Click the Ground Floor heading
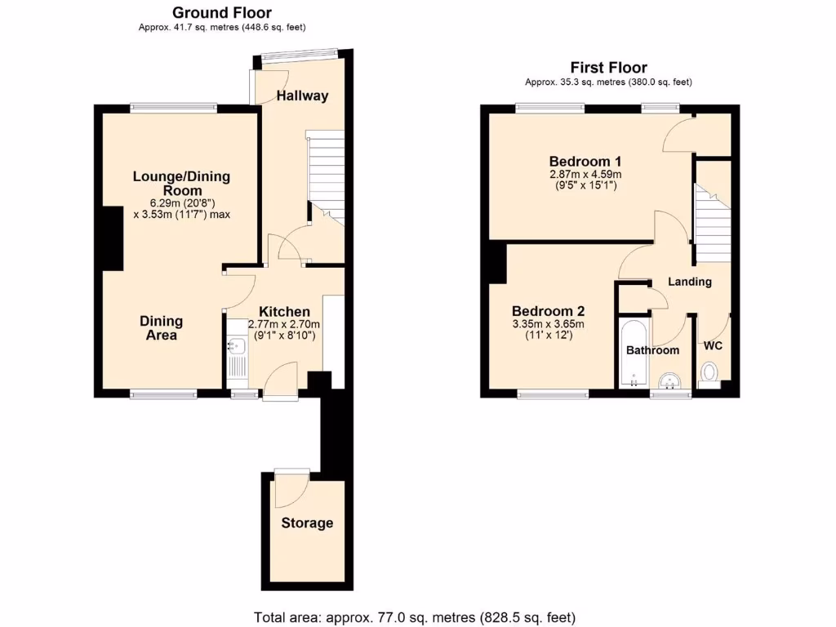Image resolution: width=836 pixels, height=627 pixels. [x=221, y=12]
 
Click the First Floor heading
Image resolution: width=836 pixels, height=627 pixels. [x=608, y=68]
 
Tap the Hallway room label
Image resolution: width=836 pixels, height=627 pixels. [x=302, y=96]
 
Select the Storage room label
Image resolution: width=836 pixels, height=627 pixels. [x=307, y=523]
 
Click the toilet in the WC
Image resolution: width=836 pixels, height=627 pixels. [x=709, y=374]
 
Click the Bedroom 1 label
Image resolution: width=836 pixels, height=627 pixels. [x=585, y=160]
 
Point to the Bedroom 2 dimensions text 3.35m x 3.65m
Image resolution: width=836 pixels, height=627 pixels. [x=548, y=324]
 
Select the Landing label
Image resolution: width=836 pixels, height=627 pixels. [x=690, y=282]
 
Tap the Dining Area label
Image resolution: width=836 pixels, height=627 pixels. [x=162, y=327]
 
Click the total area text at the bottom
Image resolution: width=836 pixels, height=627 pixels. [x=417, y=616]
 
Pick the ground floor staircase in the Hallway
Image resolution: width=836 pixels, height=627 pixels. [x=325, y=176]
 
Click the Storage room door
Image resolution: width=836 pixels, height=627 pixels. [x=291, y=487]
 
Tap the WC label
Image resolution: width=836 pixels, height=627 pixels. [x=713, y=345]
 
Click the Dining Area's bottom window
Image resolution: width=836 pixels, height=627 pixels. [x=163, y=394]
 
